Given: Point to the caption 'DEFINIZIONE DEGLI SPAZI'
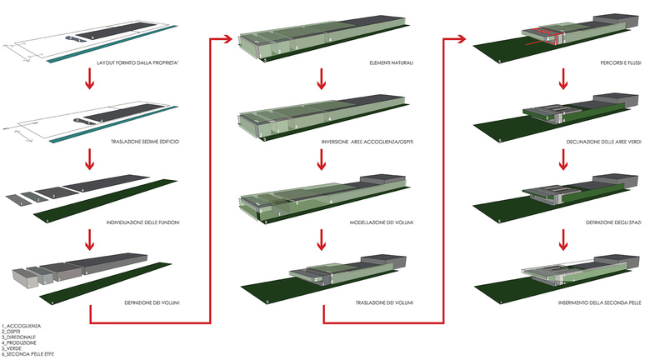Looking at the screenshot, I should pyautogui.click(x=612, y=222).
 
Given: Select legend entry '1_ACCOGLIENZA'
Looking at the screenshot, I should pyautogui.click(x=22, y=325).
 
